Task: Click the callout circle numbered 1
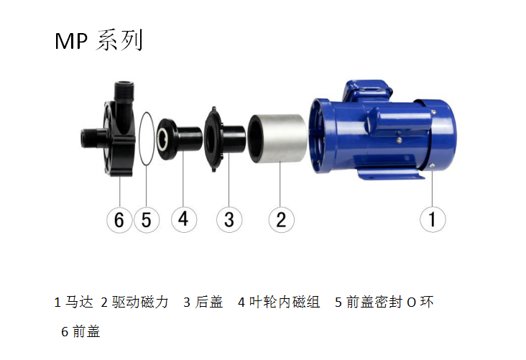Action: pos(433,219)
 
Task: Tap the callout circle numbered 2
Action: pos(281,219)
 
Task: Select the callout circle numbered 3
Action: pos(229,219)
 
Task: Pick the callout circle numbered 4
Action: pos(184,219)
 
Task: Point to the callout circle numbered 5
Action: pos(147,220)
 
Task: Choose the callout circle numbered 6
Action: pos(119,220)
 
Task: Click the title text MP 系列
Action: pos(99,40)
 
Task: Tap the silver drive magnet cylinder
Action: pos(278,138)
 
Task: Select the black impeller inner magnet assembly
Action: pos(180,139)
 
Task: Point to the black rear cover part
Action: pos(224,139)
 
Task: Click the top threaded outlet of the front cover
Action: pos(124,91)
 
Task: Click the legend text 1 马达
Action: pos(73,302)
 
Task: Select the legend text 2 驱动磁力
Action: pos(134,302)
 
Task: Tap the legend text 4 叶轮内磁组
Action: pos(279,302)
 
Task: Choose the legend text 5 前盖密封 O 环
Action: pos(384,302)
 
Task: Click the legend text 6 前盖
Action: pos(80,331)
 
